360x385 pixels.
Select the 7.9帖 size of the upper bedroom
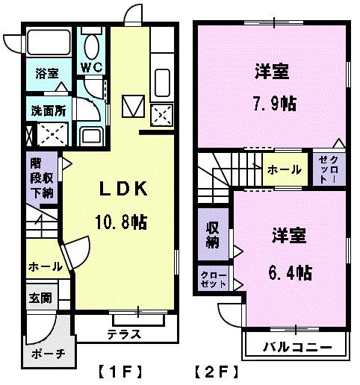pyautogui.click(x=273, y=101)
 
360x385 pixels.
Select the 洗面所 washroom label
pyautogui.click(x=46, y=110)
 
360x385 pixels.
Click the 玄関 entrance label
pyautogui.click(x=40, y=297)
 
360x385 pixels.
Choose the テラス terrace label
pyautogui.click(x=124, y=334)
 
